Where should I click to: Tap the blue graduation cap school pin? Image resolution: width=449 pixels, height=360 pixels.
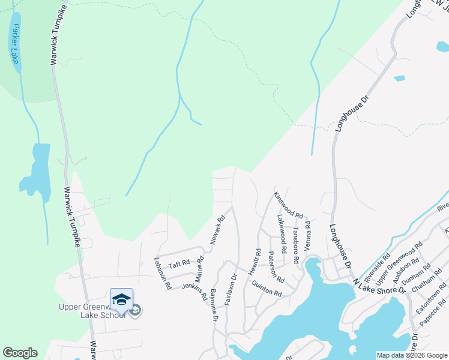[x=121, y=299]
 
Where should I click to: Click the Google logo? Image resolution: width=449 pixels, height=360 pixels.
[x=20, y=353]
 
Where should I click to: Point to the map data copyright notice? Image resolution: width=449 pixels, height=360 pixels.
[x=412, y=355]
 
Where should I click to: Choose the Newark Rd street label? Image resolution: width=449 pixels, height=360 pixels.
[x=217, y=230]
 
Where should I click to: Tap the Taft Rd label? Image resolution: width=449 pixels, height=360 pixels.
[x=179, y=263]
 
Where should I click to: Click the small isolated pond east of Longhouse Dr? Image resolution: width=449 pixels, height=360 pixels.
[x=399, y=78]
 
